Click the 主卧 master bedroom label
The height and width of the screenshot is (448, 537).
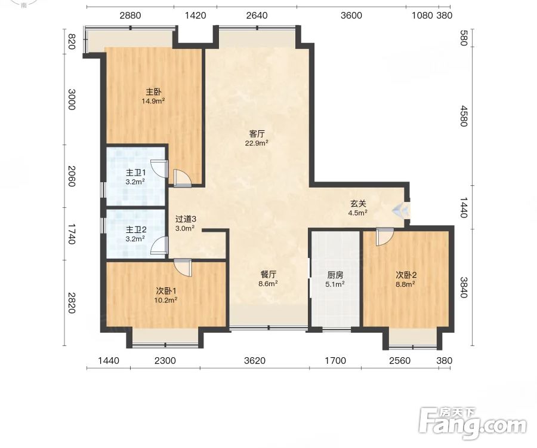click(153, 92)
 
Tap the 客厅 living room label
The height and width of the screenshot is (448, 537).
click(257, 134)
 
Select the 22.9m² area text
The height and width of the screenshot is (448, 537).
click(257, 143)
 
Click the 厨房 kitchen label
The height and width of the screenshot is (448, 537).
click(335, 275)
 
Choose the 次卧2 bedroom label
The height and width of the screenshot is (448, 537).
click(406, 275)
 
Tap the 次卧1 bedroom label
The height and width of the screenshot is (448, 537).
click(166, 291)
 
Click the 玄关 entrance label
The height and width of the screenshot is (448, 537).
click(358, 204)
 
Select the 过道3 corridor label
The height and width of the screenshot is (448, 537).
click(186, 219)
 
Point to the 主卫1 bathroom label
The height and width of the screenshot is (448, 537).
click(136, 173)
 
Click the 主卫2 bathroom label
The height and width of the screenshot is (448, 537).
click(136, 229)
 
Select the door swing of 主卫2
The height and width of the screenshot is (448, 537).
click(159, 246)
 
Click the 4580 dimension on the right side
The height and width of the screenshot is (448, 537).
click(464, 116)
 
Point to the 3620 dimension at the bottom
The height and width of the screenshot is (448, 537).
click(255, 361)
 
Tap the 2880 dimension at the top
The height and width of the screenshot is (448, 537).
click(130, 16)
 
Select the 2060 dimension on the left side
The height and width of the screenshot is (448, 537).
click(71, 176)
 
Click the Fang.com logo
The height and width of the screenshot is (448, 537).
click(473, 424)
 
